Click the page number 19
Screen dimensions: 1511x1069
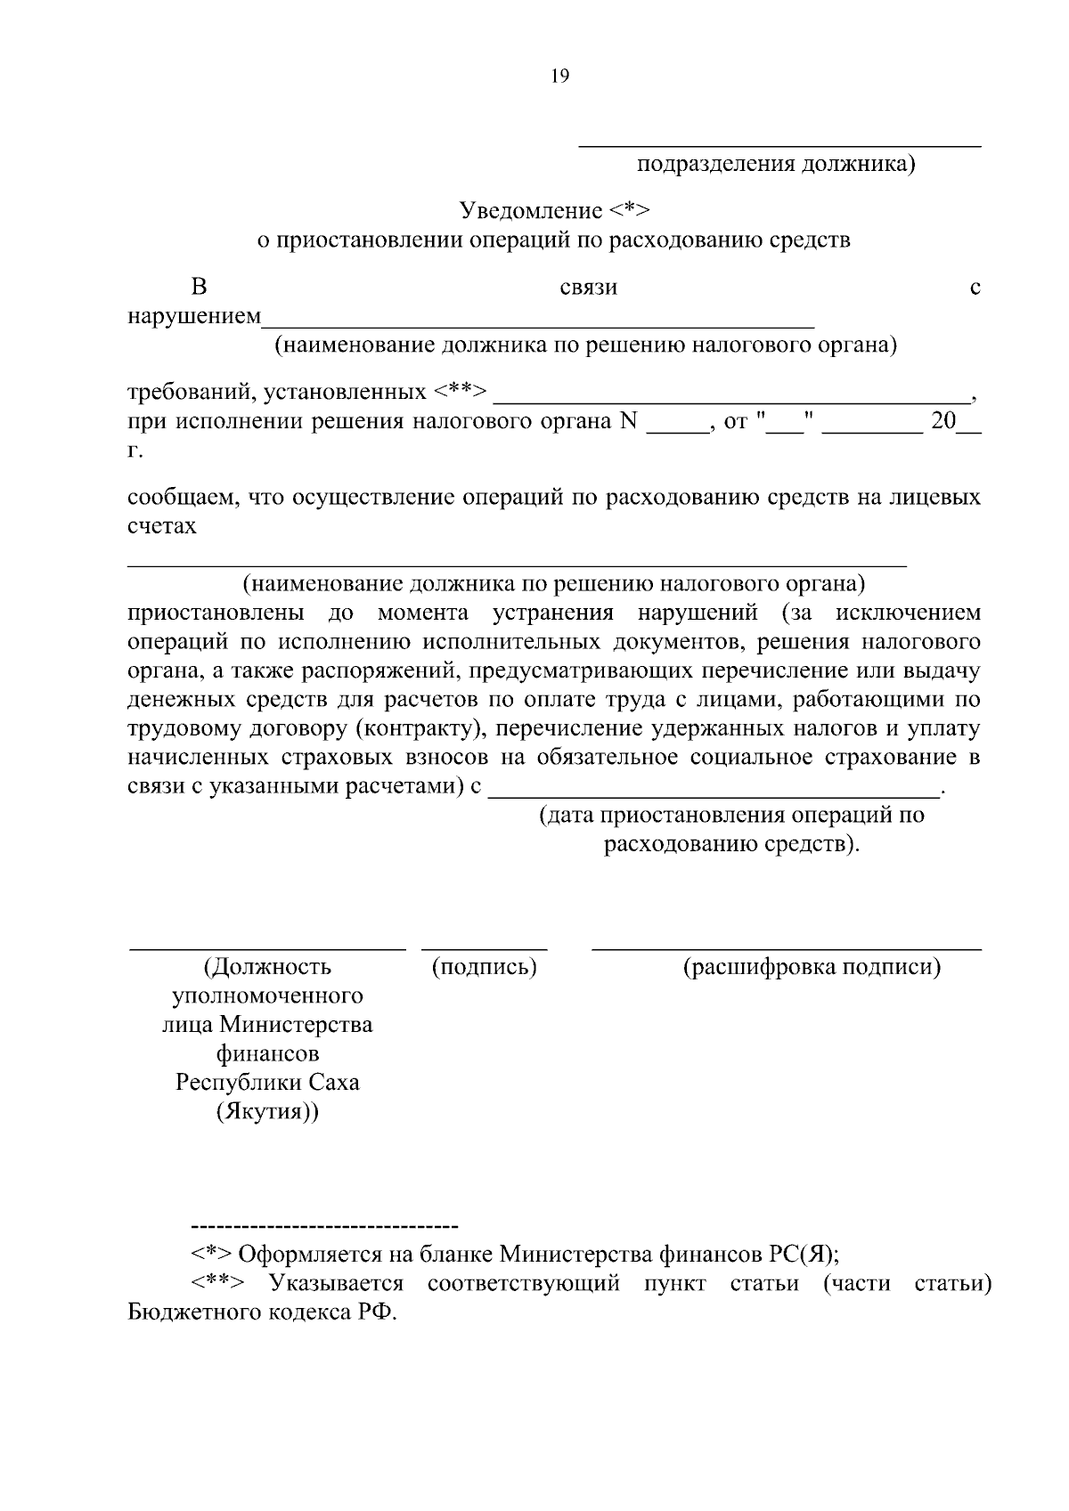point(559,77)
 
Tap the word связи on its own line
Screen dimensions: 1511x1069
point(588,288)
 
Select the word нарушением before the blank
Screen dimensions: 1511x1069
point(194,317)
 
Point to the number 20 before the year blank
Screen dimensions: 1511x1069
point(943,421)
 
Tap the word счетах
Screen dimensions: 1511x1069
point(161,526)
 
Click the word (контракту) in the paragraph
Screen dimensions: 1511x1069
point(420,729)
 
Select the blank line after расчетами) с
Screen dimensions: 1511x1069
point(714,794)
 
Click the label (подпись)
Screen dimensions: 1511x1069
point(484,967)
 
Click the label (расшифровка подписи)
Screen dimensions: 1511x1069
point(812,967)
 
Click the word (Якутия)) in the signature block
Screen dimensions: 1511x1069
point(267,1112)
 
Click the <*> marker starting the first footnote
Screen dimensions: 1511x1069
point(211,1255)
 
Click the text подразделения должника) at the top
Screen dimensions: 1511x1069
point(776,164)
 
